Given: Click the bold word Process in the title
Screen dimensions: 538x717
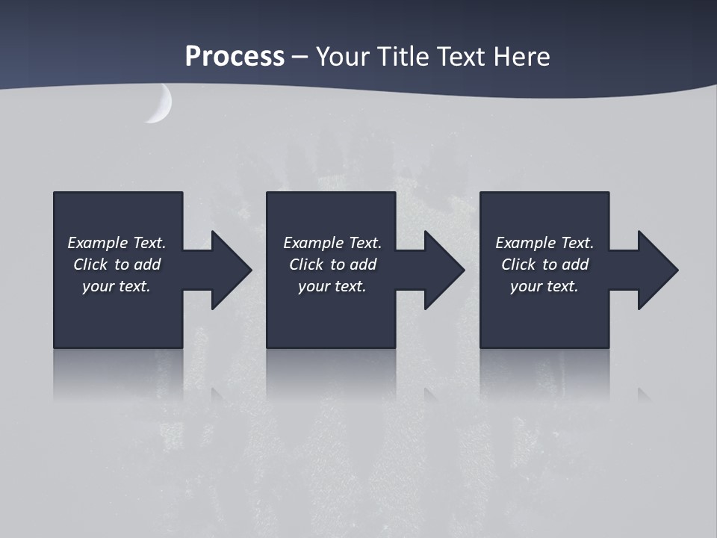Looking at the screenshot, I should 235,56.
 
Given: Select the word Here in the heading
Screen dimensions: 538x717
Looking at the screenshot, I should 521,56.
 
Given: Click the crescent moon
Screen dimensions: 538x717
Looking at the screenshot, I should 161,105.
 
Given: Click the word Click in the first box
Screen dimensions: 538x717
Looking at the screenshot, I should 90,265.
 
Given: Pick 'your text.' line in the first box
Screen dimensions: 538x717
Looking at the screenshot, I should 117,286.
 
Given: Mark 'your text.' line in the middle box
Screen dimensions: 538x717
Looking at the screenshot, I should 332,286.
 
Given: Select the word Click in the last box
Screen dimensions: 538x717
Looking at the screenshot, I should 518,265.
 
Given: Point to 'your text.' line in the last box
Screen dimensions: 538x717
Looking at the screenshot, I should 544,286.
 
